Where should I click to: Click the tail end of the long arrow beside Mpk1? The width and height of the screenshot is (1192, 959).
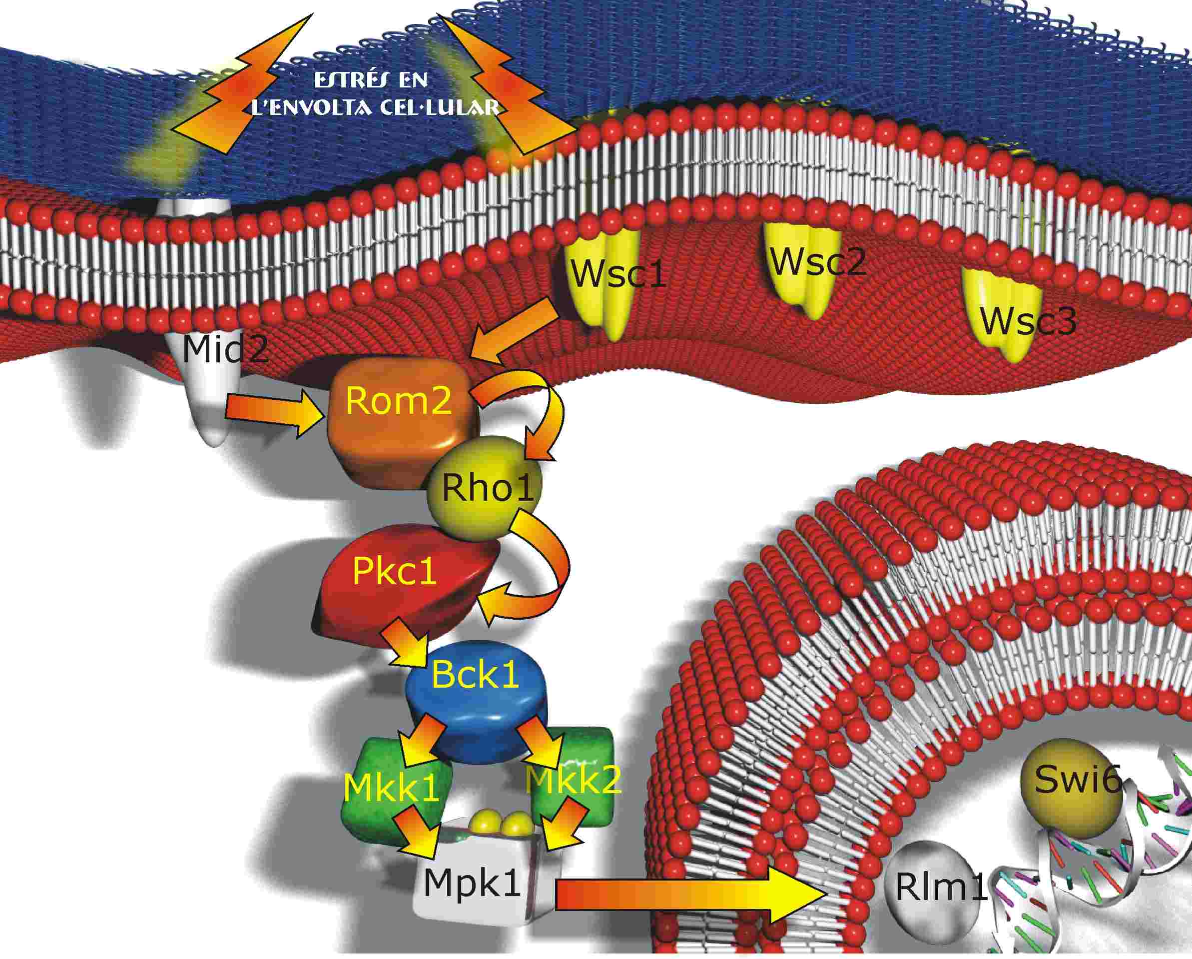[555, 897]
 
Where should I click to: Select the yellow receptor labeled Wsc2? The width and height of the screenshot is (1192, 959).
[802, 269]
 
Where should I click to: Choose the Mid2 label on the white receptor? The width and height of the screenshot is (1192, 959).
[224, 349]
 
